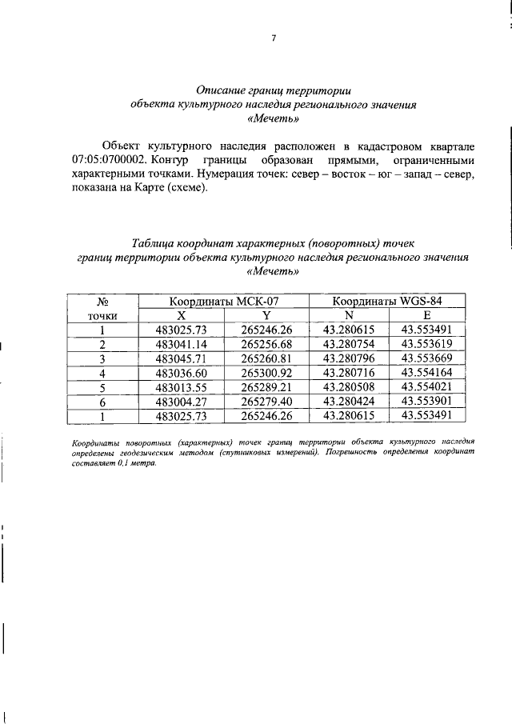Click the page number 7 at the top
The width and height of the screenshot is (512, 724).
pos(273,39)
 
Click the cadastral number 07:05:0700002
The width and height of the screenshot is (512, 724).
pos(106,161)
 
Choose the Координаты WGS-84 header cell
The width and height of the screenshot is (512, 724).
pos(388,302)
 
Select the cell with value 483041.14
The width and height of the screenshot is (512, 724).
pos(182,344)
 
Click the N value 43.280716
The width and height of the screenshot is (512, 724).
pos(349,373)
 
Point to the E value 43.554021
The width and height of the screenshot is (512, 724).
pos(427,387)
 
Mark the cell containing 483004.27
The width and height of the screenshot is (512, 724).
pos(182,402)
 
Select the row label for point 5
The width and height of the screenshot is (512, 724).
pos(102,387)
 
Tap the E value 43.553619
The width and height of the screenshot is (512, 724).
pos(427,344)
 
